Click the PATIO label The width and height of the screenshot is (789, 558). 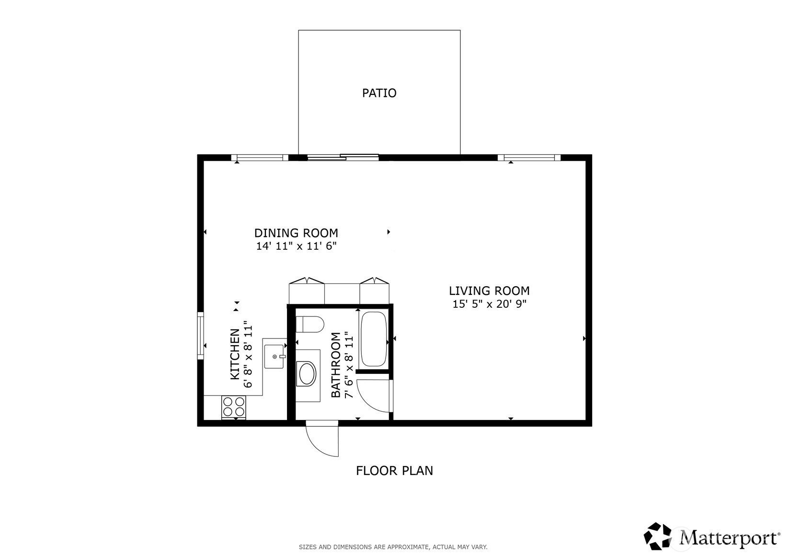[379, 93]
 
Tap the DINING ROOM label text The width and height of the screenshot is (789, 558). [296, 233]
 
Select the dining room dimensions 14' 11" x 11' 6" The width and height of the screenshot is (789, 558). [296, 246]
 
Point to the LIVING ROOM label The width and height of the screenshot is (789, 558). [489, 291]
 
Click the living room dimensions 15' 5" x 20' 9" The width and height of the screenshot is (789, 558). [489, 304]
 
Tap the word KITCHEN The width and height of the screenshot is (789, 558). [235, 354]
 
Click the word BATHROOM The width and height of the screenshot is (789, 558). [336, 365]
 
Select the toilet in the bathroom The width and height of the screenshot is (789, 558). [310, 324]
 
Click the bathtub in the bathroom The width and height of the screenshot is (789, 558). [373, 339]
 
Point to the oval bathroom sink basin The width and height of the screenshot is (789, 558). [307, 374]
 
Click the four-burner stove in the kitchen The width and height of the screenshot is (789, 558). [234, 407]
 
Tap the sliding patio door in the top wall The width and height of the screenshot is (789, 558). [343, 157]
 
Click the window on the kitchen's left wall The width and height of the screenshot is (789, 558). [200, 336]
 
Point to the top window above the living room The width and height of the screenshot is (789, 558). [529, 158]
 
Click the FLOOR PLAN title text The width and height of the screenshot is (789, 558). [394, 471]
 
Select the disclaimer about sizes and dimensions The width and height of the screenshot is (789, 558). [393, 547]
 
